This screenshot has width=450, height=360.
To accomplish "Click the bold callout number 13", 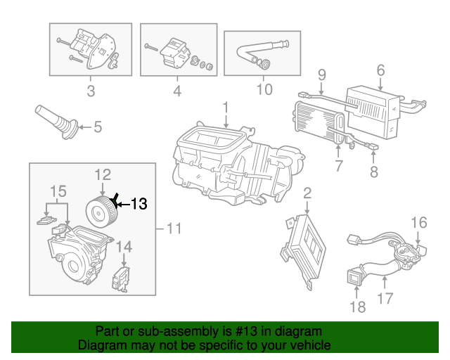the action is [x=139, y=204].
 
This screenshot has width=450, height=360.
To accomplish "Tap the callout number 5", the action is [x=98, y=127].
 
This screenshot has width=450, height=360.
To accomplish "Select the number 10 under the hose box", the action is [x=264, y=89].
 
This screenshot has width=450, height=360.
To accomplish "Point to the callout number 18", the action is [x=358, y=307].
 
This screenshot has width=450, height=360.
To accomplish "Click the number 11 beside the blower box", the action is [x=174, y=229].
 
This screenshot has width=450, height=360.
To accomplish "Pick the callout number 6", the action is [x=380, y=70].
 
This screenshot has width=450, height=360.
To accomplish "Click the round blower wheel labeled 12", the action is [x=103, y=212].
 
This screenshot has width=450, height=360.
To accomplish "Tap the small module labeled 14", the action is [x=121, y=279].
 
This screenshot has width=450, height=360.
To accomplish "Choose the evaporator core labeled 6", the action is [x=373, y=112].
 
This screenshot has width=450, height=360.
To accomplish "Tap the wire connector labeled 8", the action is [x=374, y=147].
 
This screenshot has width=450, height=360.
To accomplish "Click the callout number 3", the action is [x=91, y=91].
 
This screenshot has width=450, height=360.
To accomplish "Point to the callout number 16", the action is [x=419, y=222].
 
